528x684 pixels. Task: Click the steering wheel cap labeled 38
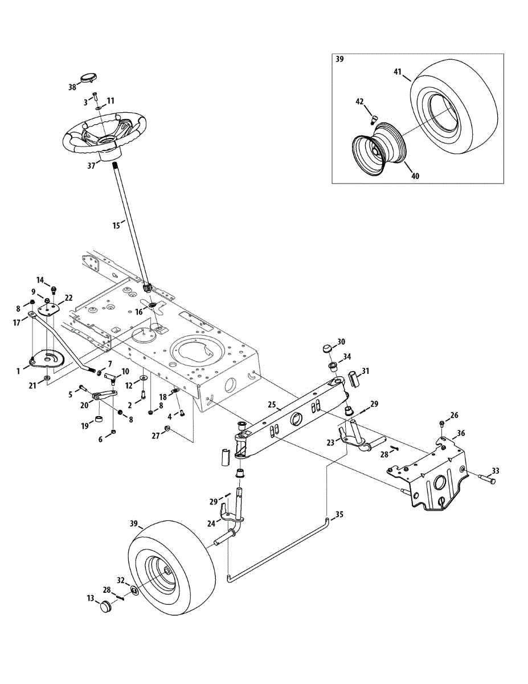(x=89, y=78)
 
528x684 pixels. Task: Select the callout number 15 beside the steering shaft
(x=116, y=226)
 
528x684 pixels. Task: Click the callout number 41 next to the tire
(x=398, y=72)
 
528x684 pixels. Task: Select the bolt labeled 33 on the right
(x=485, y=478)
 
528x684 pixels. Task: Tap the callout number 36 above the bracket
(x=460, y=433)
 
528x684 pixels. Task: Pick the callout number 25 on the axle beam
(x=272, y=406)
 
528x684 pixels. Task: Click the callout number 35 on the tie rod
(x=339, y=514)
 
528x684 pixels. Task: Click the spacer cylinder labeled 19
(x=100, y=421)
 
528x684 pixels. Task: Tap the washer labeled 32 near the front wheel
(x=133, y=589)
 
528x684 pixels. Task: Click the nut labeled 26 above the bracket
(x=443, y=422)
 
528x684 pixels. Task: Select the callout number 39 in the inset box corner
(x=340, y=59)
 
